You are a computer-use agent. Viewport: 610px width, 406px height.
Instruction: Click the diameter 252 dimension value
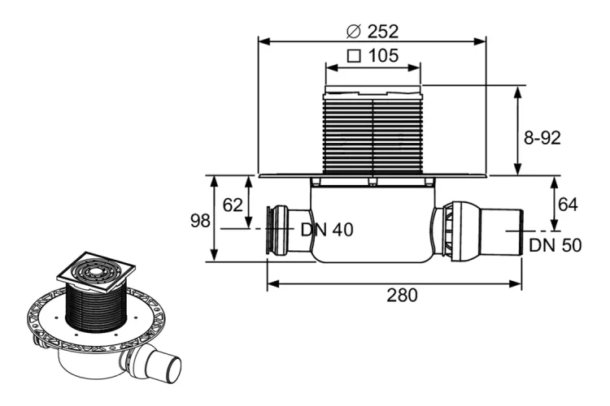[x=383, y=32]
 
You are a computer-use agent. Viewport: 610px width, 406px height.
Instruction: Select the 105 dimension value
[x=384, y=55]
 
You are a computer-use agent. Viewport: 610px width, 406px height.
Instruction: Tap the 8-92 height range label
[x=542, y=138]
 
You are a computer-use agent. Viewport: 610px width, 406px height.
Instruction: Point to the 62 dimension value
[x=233, y=205]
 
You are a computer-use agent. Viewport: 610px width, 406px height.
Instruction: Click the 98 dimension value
[x=200, y=221]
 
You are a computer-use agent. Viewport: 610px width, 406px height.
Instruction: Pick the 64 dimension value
[x=568, y=205]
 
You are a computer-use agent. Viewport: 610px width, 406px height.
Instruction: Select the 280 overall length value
[x=402, y=296]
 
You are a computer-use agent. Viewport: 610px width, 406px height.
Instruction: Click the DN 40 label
[x=327, y=230]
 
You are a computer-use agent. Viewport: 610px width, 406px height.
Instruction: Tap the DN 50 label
[x=556, y=245]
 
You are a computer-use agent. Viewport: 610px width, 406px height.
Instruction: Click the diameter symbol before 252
[x=354, y=32]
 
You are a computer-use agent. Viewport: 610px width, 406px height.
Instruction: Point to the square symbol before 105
[x=354, y=56]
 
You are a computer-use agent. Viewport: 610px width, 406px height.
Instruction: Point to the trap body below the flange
[x=373, y=222]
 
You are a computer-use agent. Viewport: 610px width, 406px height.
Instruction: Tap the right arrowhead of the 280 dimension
[x=516, y=284]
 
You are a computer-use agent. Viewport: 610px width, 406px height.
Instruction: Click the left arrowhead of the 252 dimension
[x=265, y=41]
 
